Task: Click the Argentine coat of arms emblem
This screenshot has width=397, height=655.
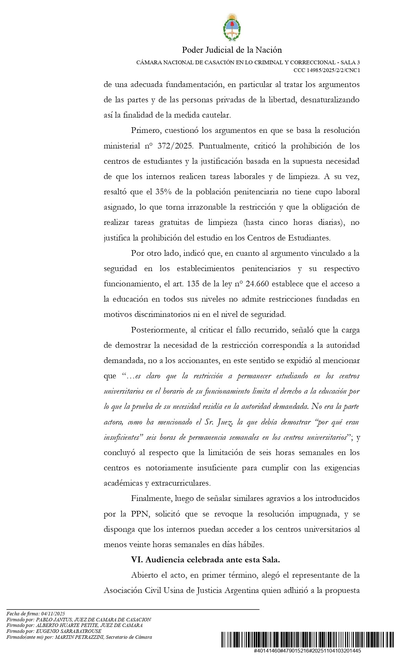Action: [232, 27]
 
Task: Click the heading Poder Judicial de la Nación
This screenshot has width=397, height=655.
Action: [232, 50]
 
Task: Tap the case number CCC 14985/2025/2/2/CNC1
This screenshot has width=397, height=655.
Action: [327, 70]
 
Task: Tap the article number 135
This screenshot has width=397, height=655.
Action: [193, 284]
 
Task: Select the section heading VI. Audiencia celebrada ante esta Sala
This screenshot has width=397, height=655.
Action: [205, 560]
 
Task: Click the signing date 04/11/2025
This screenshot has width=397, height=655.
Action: [53, 614]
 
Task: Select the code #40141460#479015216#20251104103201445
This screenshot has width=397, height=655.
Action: [307, 651]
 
